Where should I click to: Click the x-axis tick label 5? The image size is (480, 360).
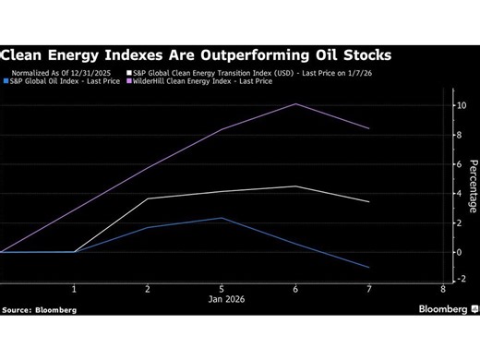(222, 289)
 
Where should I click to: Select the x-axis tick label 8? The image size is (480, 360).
(444, 289)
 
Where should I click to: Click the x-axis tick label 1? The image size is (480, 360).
(75, 289)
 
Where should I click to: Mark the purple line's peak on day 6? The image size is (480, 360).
(295, 104)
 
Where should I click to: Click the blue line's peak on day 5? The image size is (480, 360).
(222, 218)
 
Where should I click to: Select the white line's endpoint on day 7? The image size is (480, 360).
(369, 202)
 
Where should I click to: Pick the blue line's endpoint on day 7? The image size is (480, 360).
(369, 268)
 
